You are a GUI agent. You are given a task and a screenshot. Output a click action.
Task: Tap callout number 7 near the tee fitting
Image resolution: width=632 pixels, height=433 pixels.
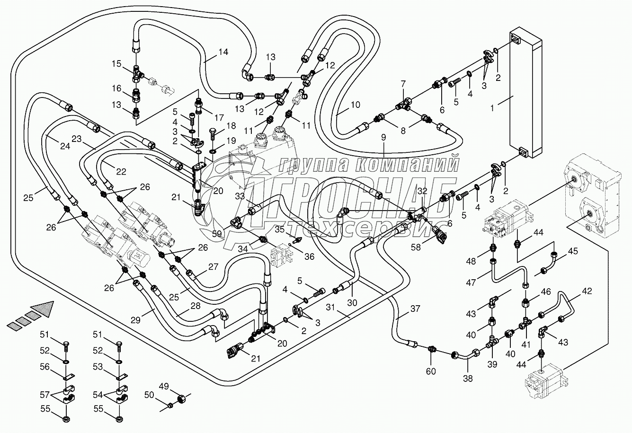click(403, 84)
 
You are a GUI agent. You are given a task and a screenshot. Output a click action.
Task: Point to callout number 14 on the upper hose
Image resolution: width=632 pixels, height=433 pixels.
click(223, 52)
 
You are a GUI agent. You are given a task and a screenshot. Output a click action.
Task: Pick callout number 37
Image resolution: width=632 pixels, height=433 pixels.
click(415, 309)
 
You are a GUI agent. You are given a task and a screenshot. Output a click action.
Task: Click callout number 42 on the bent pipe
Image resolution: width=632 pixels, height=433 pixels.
click(587, 291)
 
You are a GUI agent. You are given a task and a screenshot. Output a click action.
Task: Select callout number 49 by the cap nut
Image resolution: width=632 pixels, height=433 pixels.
click(177, 386)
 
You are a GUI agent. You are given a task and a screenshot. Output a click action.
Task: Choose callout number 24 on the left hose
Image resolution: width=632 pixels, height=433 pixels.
click(65, 146)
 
